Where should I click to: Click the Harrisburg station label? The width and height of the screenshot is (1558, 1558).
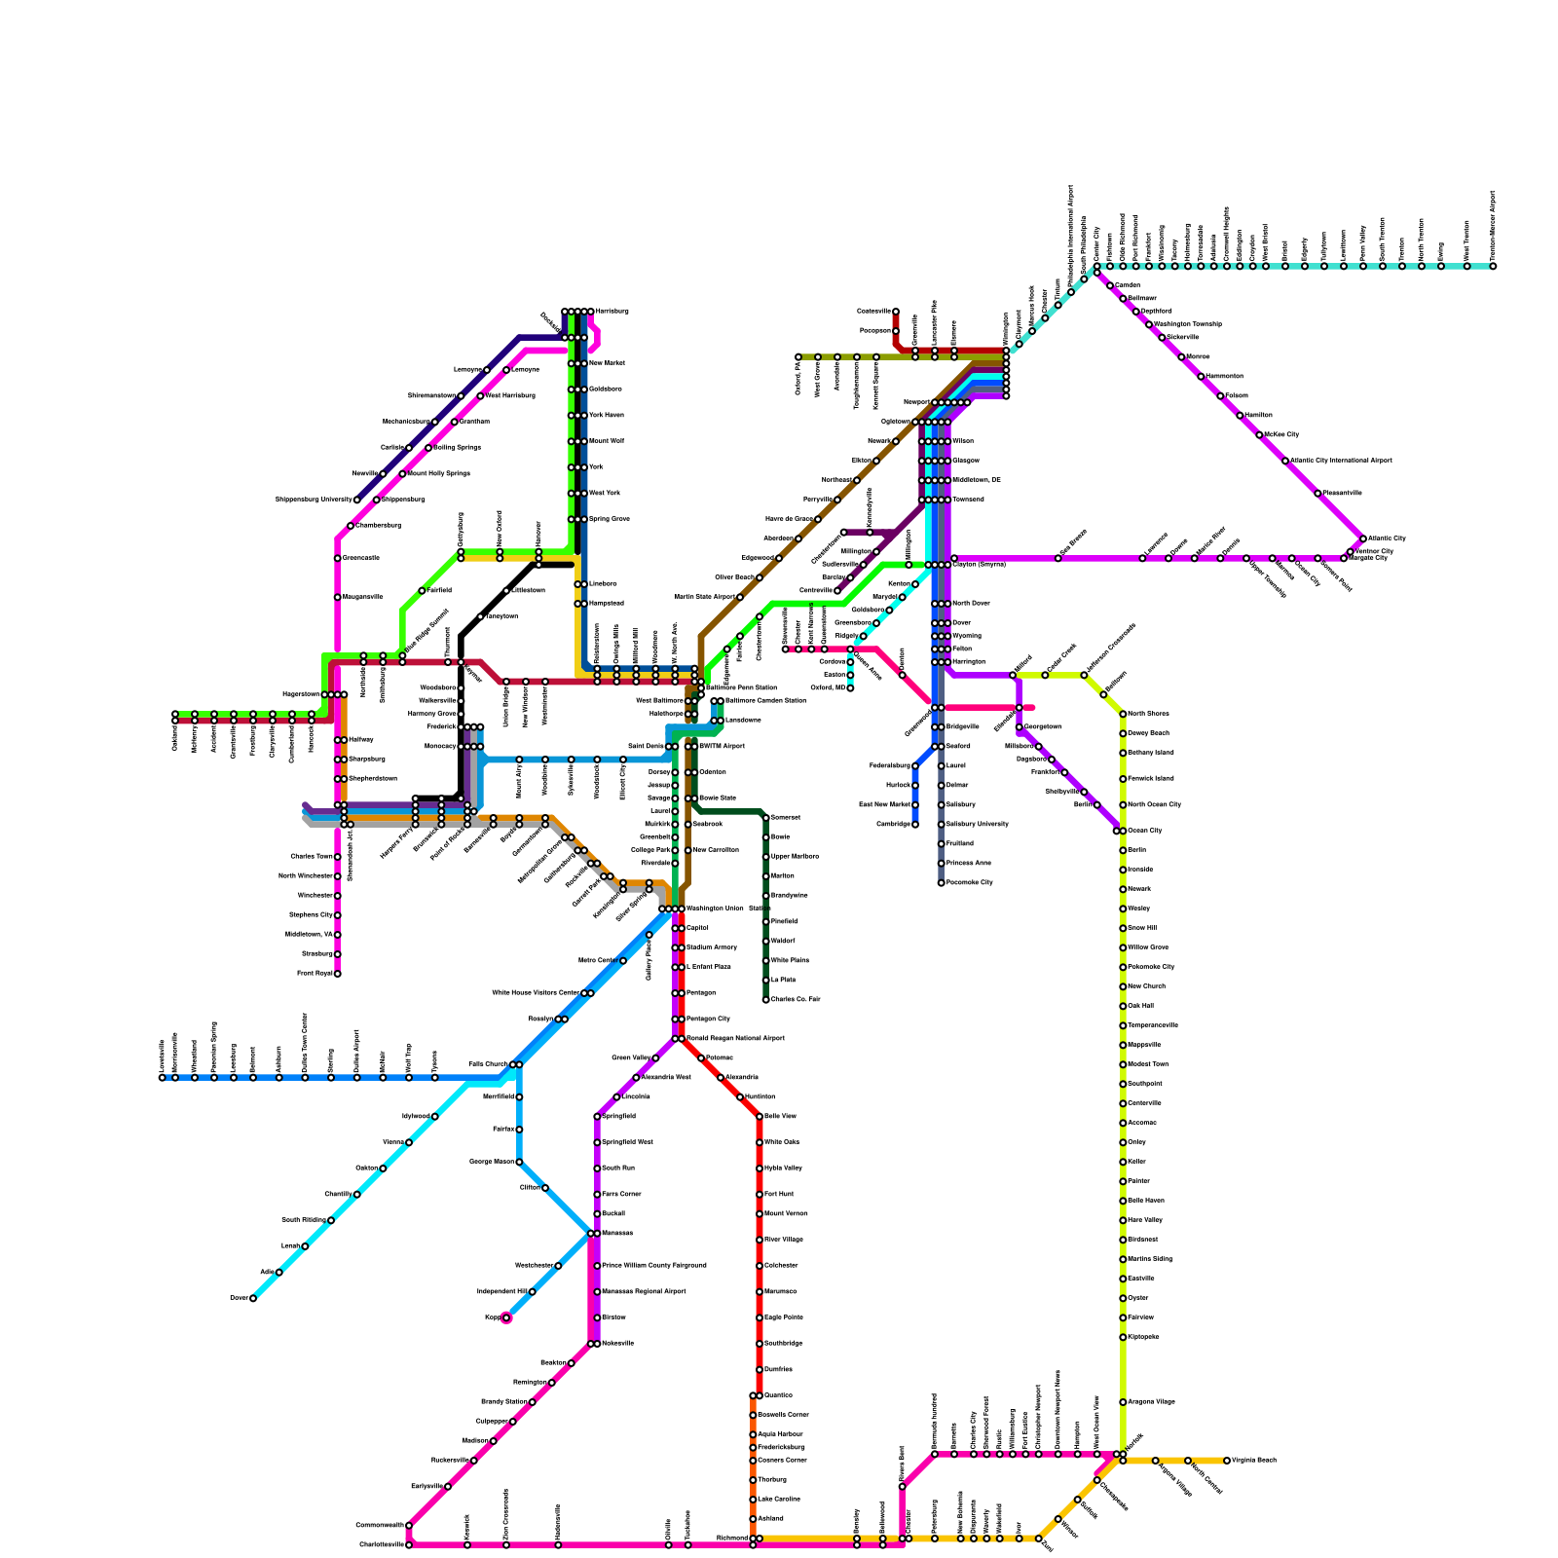pos(612,312)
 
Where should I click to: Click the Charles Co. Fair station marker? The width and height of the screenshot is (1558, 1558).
pos(765,999)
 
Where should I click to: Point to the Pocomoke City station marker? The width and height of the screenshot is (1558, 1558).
pos(941,883)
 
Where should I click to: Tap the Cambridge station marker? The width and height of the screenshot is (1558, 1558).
pos(915,825)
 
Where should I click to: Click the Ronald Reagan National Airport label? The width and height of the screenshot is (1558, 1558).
pos(735,1039)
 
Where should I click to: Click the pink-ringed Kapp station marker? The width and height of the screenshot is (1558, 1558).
pos(506,1318)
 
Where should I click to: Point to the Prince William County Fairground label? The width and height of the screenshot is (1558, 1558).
pos(654,1266)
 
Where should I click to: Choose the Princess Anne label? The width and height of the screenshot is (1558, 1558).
pos(969,864)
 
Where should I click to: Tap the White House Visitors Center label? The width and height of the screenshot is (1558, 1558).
pos(536,993)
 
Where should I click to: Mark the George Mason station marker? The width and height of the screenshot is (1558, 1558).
pos(519,1162)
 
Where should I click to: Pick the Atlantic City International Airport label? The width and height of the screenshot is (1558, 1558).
pos(1341,461)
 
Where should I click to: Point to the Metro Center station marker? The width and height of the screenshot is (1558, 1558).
pos(623,961)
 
